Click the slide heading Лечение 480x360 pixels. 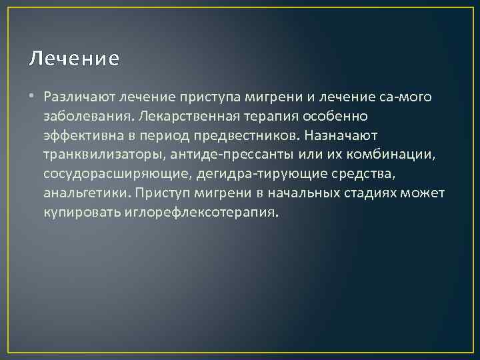click(75, 59)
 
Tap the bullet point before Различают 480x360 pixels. click(33, 97)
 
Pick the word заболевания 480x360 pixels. click(83, 117)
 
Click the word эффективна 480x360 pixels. click(81, 136)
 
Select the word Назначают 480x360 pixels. click(342, 136)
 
